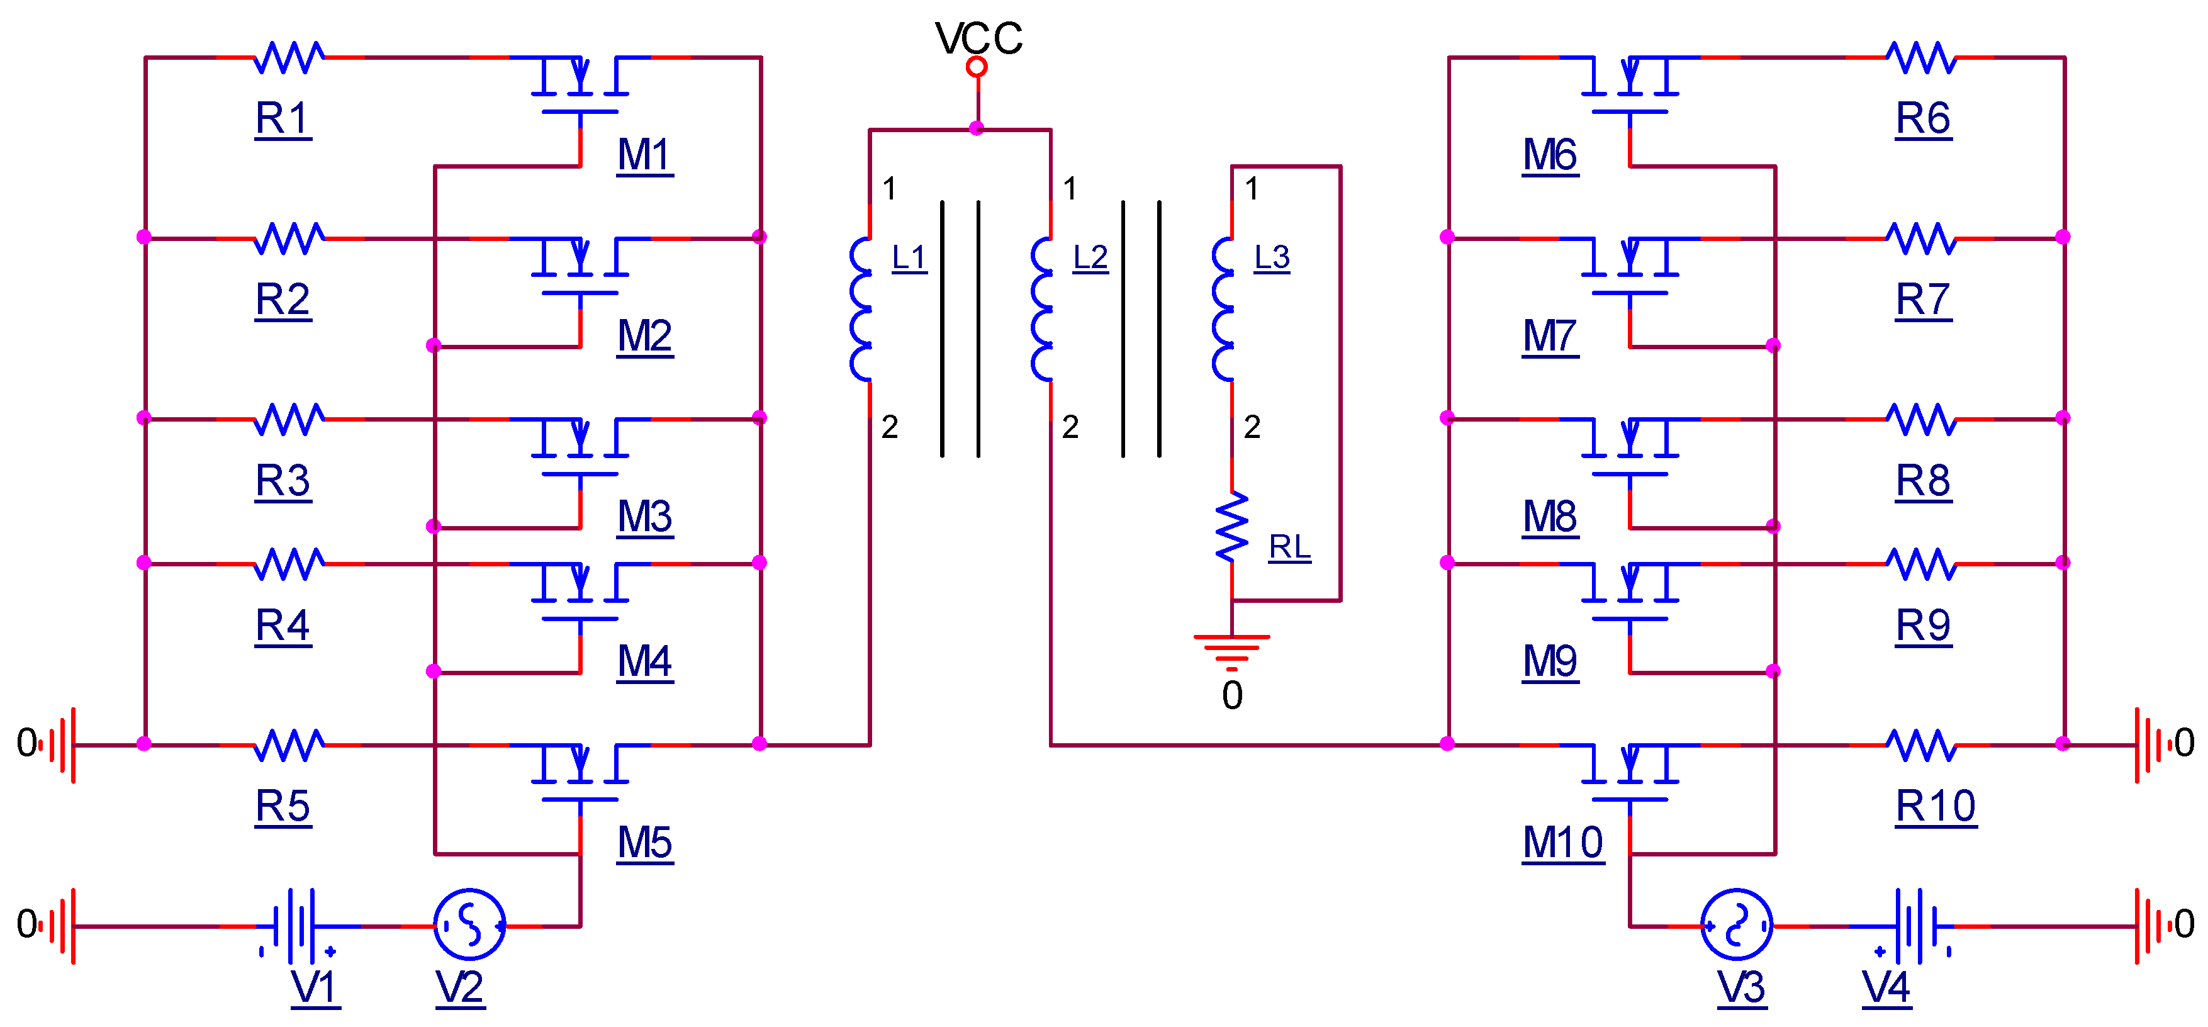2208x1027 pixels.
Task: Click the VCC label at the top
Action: click(x=978, y=38)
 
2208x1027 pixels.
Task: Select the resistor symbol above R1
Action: click(x=289, y=57)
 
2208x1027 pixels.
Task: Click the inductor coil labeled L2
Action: click(x=1042, y=308)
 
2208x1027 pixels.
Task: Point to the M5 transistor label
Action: click(x=644, y=843)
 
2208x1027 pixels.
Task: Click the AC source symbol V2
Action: click(x=469, y=924)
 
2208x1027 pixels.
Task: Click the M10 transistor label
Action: click(x=1562, y=843)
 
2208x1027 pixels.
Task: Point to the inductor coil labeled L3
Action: click(x=1223, y=308)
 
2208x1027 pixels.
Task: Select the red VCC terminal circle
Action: click(x=977, y=67)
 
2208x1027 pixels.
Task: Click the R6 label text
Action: click(x=1922, y=118)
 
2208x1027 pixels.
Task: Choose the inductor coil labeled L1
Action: click(x=861, y=308)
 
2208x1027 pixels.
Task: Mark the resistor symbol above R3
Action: click(x=289, y=419)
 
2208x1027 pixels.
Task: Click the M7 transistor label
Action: click(x=1550, y=336)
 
